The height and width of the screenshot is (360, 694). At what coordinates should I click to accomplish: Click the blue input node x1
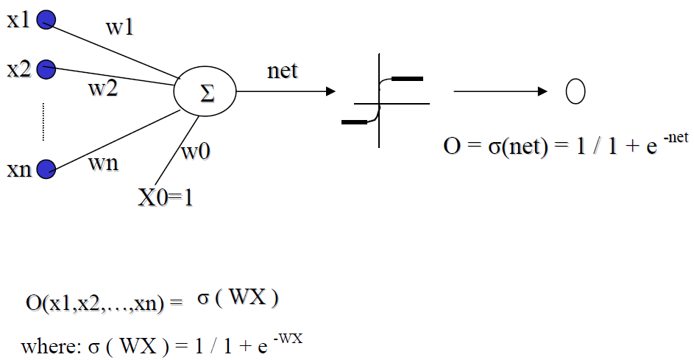[46, 20]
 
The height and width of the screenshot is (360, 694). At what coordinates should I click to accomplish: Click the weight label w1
[120, 29]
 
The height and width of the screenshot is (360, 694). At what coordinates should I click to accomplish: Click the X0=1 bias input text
[166, 197]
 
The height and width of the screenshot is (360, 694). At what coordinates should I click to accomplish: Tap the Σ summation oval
[205, 93]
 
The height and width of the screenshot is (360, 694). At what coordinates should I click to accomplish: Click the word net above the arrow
[283, 71]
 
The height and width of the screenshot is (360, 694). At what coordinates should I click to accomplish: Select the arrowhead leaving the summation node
[330, 91]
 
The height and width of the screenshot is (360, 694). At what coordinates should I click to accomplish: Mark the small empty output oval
[575, 91]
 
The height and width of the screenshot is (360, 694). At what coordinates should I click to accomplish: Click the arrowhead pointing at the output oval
[543, 91]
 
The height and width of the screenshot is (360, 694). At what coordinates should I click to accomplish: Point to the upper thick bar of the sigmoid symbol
[407, 78]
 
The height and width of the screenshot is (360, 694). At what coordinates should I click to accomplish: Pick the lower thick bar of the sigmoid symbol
[354, 122]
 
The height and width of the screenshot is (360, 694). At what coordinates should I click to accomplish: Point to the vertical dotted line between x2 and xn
[43, 121]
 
